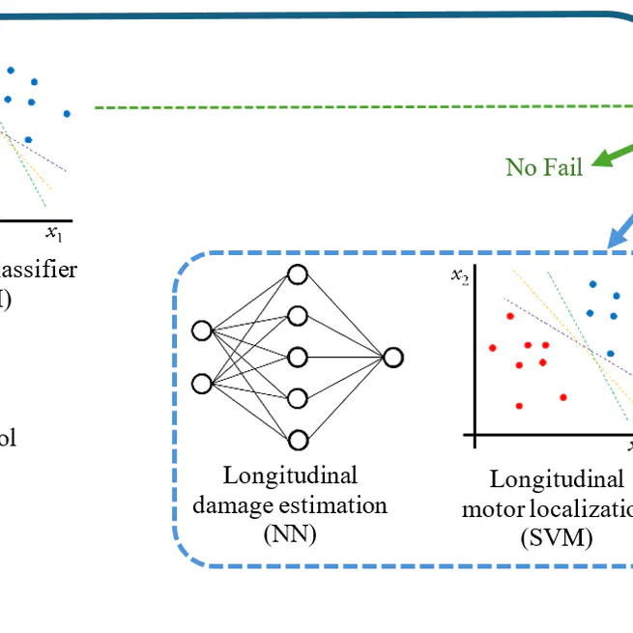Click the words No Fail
[544, 167]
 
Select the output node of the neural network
[392, 358]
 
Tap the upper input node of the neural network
[201, 331]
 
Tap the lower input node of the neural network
[201, 384]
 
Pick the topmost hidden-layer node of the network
[298, 274]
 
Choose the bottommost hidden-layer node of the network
[298, 440]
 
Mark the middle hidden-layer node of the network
[298, 358]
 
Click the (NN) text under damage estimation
[289, 533]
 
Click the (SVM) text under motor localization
[555, 538]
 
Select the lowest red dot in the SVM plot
[519, 406]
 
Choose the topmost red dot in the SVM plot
[507, 315]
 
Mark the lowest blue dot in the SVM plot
[609, 354]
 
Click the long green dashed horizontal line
[358, 107]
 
